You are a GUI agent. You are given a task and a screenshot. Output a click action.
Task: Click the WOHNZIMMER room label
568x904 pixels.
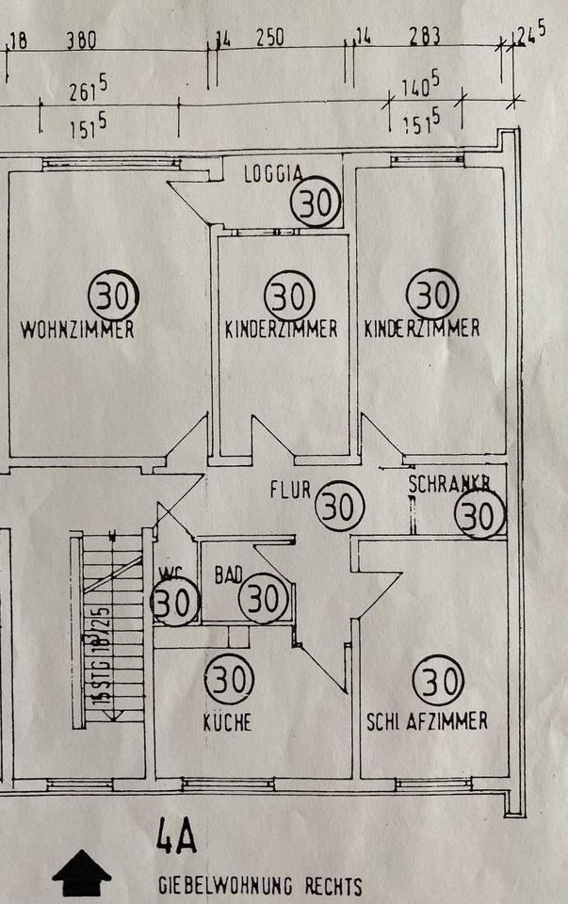(76, 331)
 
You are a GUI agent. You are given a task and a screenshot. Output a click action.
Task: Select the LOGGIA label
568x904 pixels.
(273, 173)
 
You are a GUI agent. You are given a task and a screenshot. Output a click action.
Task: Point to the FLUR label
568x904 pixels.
(289, 491)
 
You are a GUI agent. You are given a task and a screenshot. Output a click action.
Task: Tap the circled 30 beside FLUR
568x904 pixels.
(339, 506)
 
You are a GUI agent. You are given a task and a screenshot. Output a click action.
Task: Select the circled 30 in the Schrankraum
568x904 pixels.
(479, 515)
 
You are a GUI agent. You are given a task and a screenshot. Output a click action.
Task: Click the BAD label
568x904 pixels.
(229, 573)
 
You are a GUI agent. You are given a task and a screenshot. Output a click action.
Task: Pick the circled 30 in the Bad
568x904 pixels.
(264, 599)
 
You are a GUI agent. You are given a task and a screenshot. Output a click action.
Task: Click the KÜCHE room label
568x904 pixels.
(227, 723)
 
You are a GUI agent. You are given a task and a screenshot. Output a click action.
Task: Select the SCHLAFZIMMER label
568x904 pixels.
(427, 721)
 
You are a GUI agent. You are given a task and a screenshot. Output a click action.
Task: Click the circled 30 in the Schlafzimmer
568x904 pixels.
(439, 680)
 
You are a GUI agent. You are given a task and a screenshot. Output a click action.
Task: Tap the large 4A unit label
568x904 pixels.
(176, 838)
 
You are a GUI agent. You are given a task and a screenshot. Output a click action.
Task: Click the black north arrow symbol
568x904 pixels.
(82, 873)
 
